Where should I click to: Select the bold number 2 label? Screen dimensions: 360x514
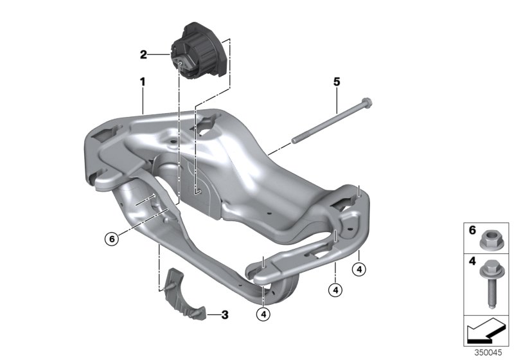143,55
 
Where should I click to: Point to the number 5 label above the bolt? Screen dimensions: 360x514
336,82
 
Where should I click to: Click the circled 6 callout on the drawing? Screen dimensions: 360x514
112,239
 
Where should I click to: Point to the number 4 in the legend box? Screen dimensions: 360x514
472,261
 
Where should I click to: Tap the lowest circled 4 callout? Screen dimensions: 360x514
263,314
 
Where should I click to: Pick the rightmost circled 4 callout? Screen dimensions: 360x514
359,269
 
